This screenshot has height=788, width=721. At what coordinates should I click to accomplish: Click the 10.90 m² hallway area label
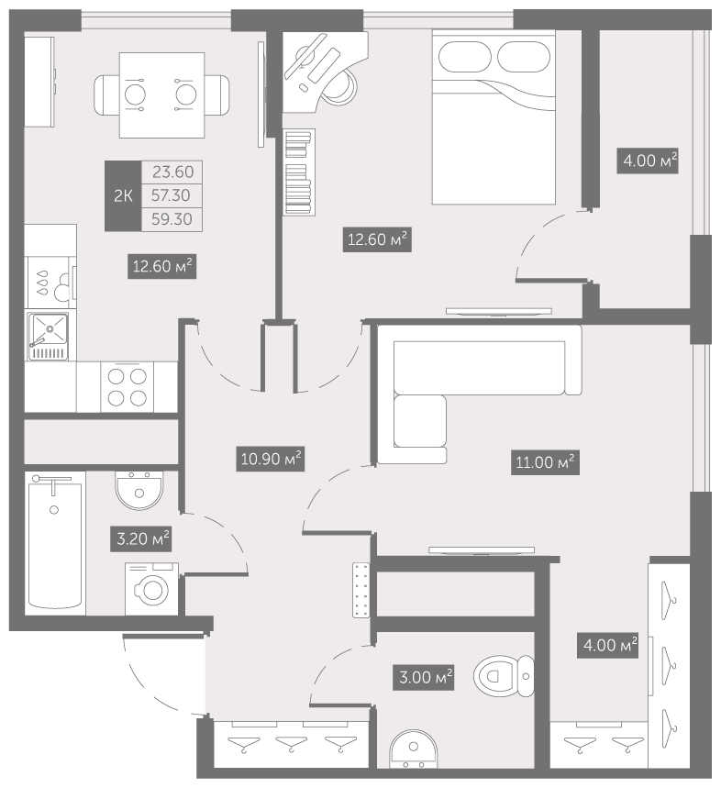coord(271,459)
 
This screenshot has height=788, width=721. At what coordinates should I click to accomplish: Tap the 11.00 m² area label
coord(545,462)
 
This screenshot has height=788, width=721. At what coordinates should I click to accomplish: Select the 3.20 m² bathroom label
coord(143,539)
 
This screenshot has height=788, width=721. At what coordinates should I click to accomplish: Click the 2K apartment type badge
coord(123,195)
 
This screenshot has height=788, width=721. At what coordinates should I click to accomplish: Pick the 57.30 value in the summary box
coord(171,195)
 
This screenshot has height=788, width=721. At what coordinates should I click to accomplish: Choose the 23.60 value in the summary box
coord(172,172)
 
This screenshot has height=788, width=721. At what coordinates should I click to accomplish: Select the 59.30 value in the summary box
coord(172,219)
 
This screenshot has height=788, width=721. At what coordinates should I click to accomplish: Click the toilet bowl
coord(504,676)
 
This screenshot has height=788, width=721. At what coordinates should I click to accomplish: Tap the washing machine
coord(151,589)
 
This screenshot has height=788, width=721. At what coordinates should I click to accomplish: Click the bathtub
coord(55,543)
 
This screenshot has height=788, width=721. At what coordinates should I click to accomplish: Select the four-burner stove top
coord(128,387)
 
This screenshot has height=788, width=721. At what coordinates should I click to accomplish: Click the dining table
coord(161,95)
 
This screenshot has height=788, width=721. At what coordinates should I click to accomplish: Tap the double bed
coord(494,117)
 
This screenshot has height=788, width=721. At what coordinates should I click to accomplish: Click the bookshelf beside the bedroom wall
coord(299,172)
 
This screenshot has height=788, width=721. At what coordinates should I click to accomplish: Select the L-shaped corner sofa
coord(479,394)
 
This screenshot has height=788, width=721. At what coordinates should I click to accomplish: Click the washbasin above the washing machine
coord(139,491)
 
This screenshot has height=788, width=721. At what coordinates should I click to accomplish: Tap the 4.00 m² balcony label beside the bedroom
coord(648,161)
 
